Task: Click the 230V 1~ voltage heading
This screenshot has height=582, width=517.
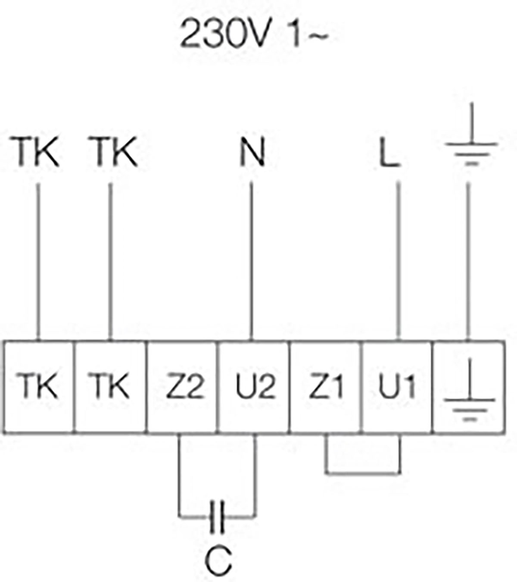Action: tap(253, 34)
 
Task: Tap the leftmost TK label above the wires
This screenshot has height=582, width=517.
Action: tap(37, 152)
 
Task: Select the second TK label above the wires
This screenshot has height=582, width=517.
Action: tap(115, 152)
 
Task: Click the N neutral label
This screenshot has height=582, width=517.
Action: tap(252, 152)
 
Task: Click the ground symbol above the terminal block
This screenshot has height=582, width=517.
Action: tap(471, 138)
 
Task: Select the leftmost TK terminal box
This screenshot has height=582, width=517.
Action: tap(39, 386)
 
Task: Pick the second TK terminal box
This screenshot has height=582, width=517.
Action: tap(110, 386)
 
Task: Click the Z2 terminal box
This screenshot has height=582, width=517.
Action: tap(183, 386)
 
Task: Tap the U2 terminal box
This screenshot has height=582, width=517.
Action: tap(254, 386)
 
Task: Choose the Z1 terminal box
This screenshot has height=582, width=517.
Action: tap(326, 386)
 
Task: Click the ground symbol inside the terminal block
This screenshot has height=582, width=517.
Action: tap(469, 392)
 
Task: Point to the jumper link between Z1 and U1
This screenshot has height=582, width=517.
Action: tap(363, 473)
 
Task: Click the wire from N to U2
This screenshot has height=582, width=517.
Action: tap(252, 259)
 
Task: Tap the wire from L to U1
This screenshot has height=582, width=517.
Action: tap(398, 259)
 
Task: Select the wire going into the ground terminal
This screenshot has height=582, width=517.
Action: tap(468, 259)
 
